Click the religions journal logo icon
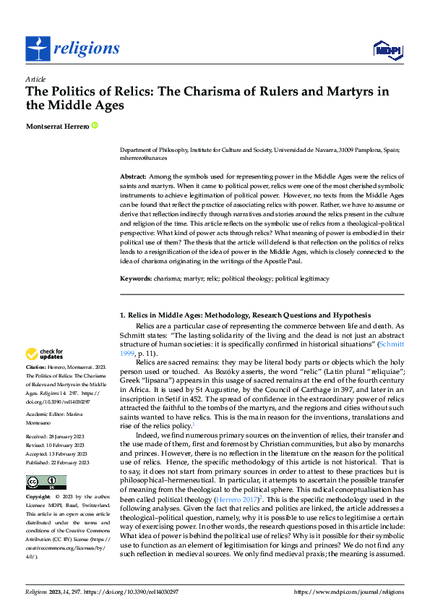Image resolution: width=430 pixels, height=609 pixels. (x=38, y=48)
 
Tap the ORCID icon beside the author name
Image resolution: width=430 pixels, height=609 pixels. (x=94, y=126)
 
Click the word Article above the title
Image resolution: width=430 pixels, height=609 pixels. (x=35, y=78)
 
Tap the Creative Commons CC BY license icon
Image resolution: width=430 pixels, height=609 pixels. (x=46, y=482)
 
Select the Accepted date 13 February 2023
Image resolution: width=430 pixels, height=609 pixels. (x=60, y=453)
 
